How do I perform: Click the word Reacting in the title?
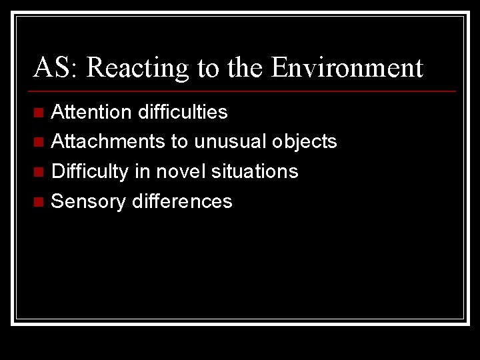(138, 68)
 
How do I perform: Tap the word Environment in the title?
(347, 68)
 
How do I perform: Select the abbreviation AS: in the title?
(57, 68)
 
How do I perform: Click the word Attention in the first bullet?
(92, 112)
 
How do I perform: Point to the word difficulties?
(183, 112)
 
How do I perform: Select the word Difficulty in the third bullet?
(89, 171)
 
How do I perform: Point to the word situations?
(255, 171)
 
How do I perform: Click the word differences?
(182, 201)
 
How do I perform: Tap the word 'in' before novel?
(142, 171)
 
